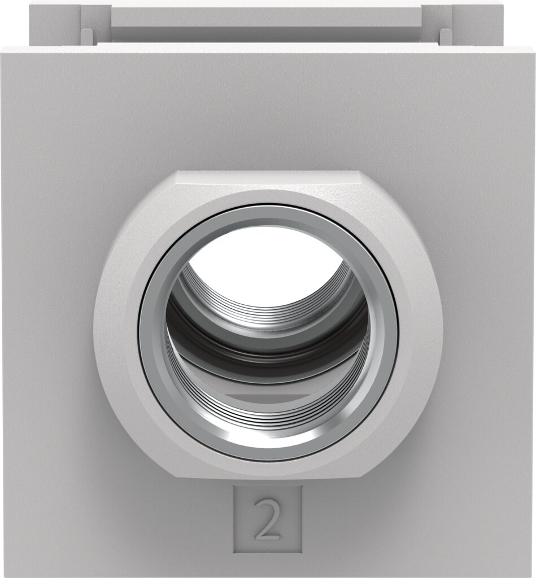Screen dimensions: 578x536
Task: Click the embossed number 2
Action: (268, 519)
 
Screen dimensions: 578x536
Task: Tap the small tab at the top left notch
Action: (87, 36)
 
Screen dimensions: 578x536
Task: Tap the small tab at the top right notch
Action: (446, 36)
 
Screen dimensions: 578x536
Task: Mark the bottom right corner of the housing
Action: (531, 573)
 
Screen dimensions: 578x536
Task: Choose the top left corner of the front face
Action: (5, 50)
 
